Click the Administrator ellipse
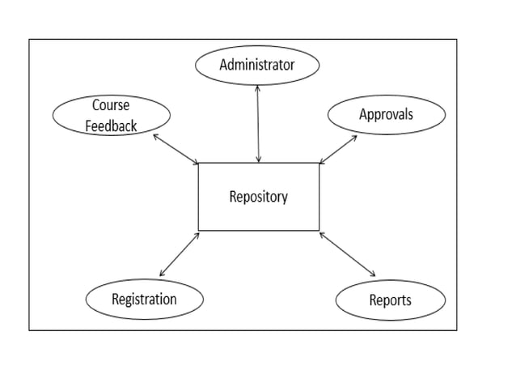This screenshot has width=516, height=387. tap(257, 65)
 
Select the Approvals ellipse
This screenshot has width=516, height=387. tap(386, 114)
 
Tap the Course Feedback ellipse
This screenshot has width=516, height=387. tap(111, 115)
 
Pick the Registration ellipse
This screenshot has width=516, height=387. tap(144, 299)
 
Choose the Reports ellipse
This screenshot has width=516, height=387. tap(390, 300)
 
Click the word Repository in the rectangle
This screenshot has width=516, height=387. tap(258, 196)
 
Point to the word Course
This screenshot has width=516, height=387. tap(111, 105)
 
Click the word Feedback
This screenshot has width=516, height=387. tap(111, 126)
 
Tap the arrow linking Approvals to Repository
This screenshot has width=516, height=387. tap(338, 150)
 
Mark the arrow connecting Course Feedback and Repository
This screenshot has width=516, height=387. tap(176, 149)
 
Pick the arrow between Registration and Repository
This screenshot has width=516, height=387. tap(180, 254)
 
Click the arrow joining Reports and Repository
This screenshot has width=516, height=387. tap(348, 254)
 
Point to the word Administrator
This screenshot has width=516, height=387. tap(257, 65)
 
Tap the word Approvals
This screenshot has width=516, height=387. tap(386, 114)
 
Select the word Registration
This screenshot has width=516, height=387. tap(144, 299)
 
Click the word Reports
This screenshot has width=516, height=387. tap(390, 300)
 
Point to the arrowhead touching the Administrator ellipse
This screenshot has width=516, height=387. tap(257, 87)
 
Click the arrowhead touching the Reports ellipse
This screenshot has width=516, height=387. tap(373, 274)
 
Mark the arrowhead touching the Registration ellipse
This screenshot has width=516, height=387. tap(162, 274)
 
